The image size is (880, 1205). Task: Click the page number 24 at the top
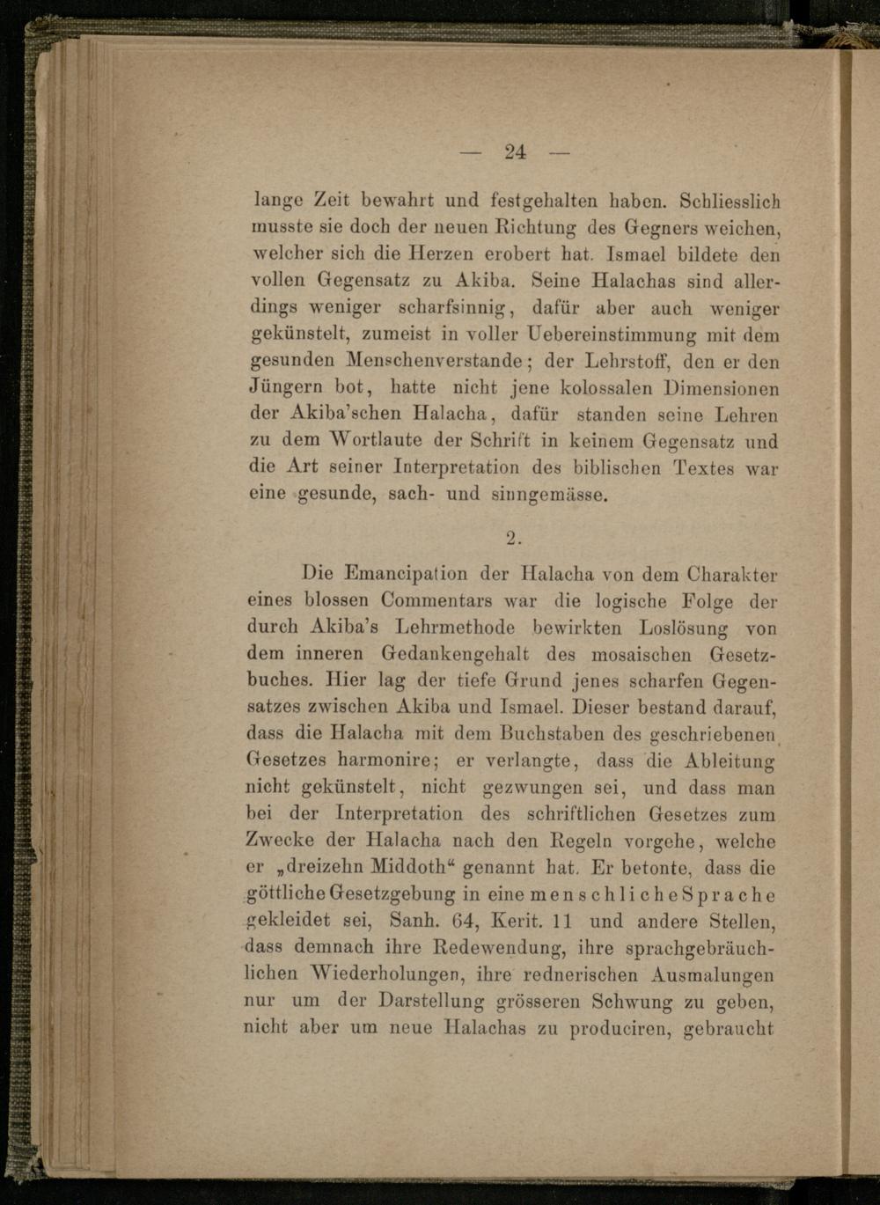(x=515, y=151)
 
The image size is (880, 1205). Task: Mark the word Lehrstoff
(x=625, y=362)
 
